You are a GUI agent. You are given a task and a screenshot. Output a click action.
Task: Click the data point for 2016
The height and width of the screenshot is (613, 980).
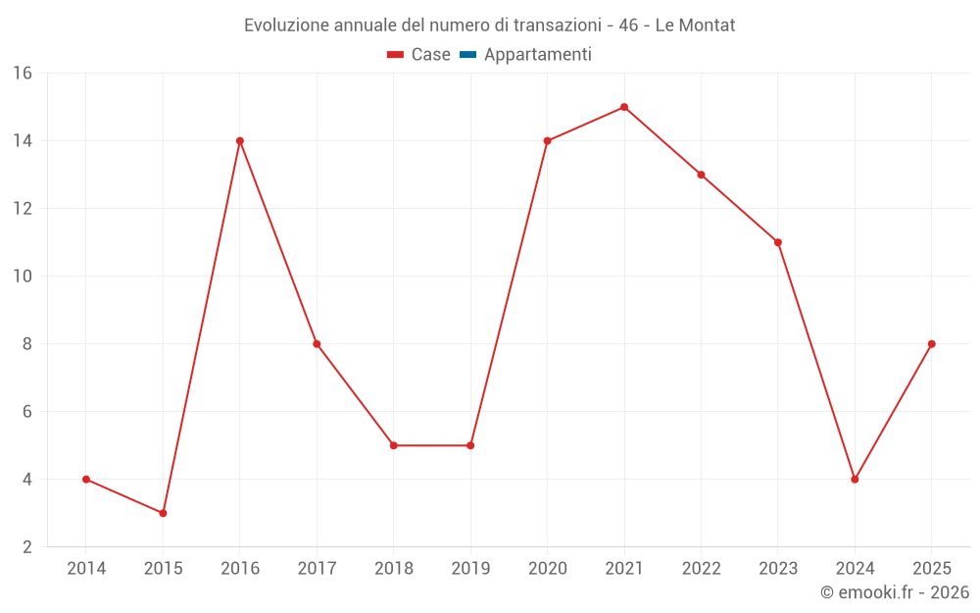pyautogui.click(x=240, y=141)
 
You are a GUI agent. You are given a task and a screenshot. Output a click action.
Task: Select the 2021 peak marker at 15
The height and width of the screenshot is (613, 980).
pyautogui.click(x=624, y=107)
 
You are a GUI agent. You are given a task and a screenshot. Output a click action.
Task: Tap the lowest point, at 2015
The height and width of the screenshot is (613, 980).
pyautogui.click(x=163, y=513)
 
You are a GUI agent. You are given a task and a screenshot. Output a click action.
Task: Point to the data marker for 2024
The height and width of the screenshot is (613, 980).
pyautogui.click(x=855, y=480)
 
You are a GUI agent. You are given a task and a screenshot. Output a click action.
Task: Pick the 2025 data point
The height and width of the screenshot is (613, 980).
pyautogui.click(x=931, y=344)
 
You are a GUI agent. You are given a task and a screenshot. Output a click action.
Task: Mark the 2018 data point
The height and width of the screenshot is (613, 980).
pyautogui.click(x=394, y=445)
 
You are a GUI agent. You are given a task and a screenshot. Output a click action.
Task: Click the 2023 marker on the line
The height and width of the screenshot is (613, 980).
pyautogui.click(x=778, y=242)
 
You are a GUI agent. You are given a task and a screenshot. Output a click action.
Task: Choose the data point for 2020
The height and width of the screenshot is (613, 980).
pyautogui.click(x=547, y=141)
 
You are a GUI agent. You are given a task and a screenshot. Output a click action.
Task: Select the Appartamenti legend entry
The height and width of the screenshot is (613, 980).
pyautogui.click(x=537, y=55)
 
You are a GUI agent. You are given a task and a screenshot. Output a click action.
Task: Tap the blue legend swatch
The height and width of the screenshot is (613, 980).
pyautogui.click(x=467, y=55)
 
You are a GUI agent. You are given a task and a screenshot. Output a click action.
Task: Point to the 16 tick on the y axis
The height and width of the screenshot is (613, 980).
pyautogui.click(x=23, y=74)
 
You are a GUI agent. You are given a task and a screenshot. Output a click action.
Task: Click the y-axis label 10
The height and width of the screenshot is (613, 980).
pyautogui.click(x=23, y=277)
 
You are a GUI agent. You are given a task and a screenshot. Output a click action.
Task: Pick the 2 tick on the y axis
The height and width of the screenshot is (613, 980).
pyautogui.click(x=27, y=547)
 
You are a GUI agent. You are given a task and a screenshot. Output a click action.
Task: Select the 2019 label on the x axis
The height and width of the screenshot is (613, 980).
pyautogui.click(x=470, y=569)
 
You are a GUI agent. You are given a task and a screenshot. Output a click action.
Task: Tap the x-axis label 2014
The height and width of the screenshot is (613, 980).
pyautogui.click(x=86, y=569)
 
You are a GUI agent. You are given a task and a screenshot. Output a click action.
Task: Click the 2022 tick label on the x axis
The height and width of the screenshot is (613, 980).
pyautogui.click(x=701, y=569)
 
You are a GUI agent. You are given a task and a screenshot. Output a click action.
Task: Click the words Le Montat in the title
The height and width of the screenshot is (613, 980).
pyautogui.click(x=695, y=26)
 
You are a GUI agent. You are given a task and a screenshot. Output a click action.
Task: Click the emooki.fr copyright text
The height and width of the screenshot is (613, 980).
pyautogui.click(x=895, y=592)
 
